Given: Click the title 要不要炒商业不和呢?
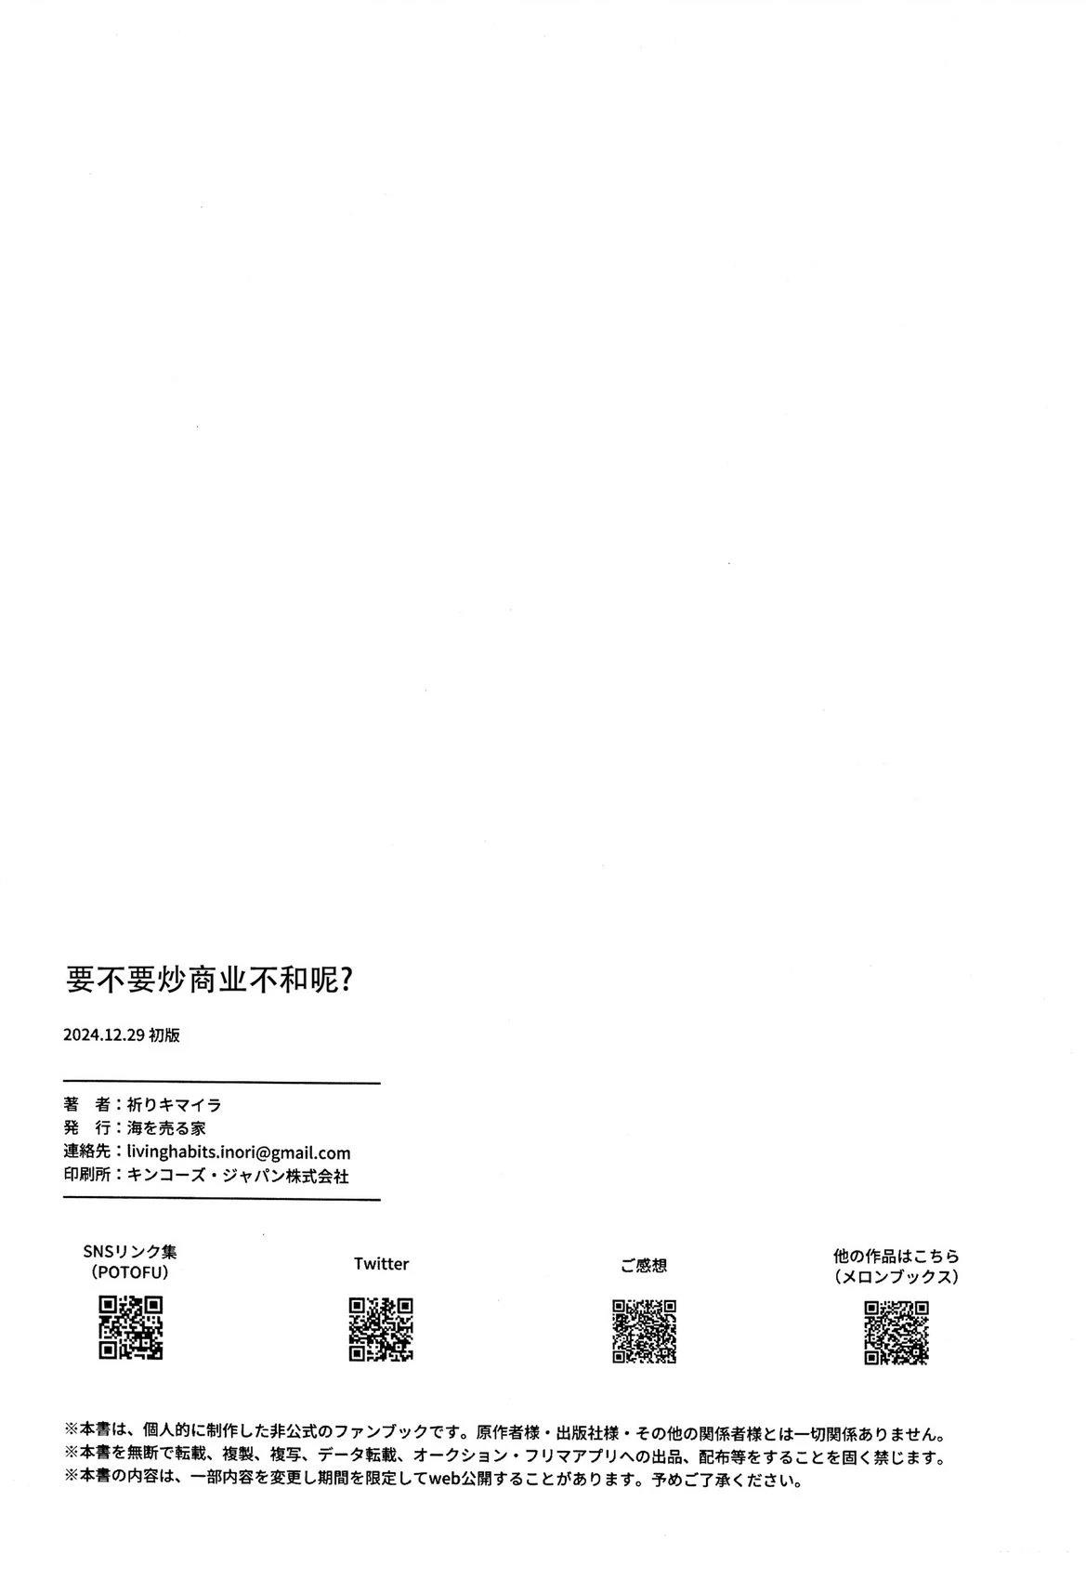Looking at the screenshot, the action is click(x=209, y=980).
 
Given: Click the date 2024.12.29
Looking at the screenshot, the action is click(x=104, y=1034).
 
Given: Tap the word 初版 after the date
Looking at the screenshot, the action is click(x=164, y=1034).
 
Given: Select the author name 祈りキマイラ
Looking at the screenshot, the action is click(x=174, y=1104).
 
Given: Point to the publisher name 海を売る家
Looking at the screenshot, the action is click(x=166, y=1128).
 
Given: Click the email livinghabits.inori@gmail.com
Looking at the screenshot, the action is click(x=239, y=1152).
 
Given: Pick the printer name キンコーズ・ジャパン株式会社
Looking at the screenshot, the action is click(x=238, y=1176).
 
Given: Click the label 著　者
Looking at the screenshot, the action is click(x=86, y=1104).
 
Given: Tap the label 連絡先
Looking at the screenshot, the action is click(x=86, y=1152).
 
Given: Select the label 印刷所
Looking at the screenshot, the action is click(x=86, y=1176).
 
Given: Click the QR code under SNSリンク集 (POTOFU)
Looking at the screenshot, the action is click(x=130, y=1327).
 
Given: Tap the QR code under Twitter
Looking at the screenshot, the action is click(x=381, y=1329).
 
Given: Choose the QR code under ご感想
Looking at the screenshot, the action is click(x=644, y=1331).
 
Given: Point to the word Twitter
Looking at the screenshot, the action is click(x=381, y=1263).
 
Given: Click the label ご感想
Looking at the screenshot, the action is click(x=644, y=1266).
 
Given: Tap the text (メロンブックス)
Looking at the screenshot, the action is click(x=896, y=1276).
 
